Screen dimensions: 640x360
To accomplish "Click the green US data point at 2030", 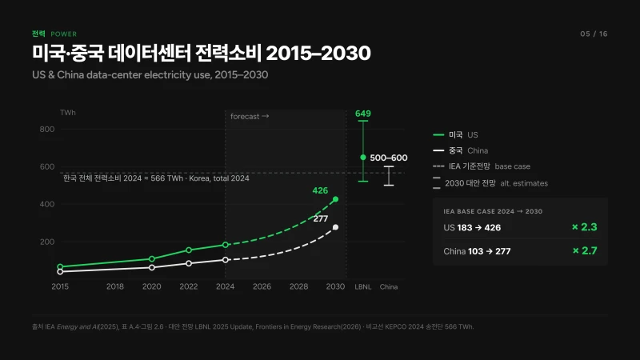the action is pos(335,199).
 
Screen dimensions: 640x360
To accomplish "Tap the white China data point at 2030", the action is pos(335,227).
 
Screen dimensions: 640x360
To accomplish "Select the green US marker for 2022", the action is pos(189,250).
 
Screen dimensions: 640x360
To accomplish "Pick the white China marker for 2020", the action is pos(152,268).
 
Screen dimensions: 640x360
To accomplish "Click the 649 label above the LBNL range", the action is pos(363,114).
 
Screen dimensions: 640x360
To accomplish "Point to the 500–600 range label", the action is pos(389,158).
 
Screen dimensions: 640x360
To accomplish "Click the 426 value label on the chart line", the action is pos(320,190).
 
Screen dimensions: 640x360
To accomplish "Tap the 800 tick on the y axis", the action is pos(47,130).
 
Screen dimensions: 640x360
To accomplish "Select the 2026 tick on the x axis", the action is pos(262,286).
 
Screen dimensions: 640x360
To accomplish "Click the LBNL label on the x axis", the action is pos(363,287).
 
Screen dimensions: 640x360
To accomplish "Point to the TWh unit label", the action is pos(68,113).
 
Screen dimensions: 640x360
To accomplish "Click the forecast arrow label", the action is pos(250,116).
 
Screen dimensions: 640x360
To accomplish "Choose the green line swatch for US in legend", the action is pos(438,134).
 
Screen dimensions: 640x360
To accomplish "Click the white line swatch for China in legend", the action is pos(438,150).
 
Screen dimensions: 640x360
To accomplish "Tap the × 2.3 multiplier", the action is pos(585,227).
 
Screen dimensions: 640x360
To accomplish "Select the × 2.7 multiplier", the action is pos(585,250).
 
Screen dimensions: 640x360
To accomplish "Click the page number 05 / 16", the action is pos(594,34).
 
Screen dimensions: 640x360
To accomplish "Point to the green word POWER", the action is pos(64,34).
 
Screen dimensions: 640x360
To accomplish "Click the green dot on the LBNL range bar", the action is pos(363,157).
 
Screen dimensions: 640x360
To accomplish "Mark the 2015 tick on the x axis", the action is pos(60,286).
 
